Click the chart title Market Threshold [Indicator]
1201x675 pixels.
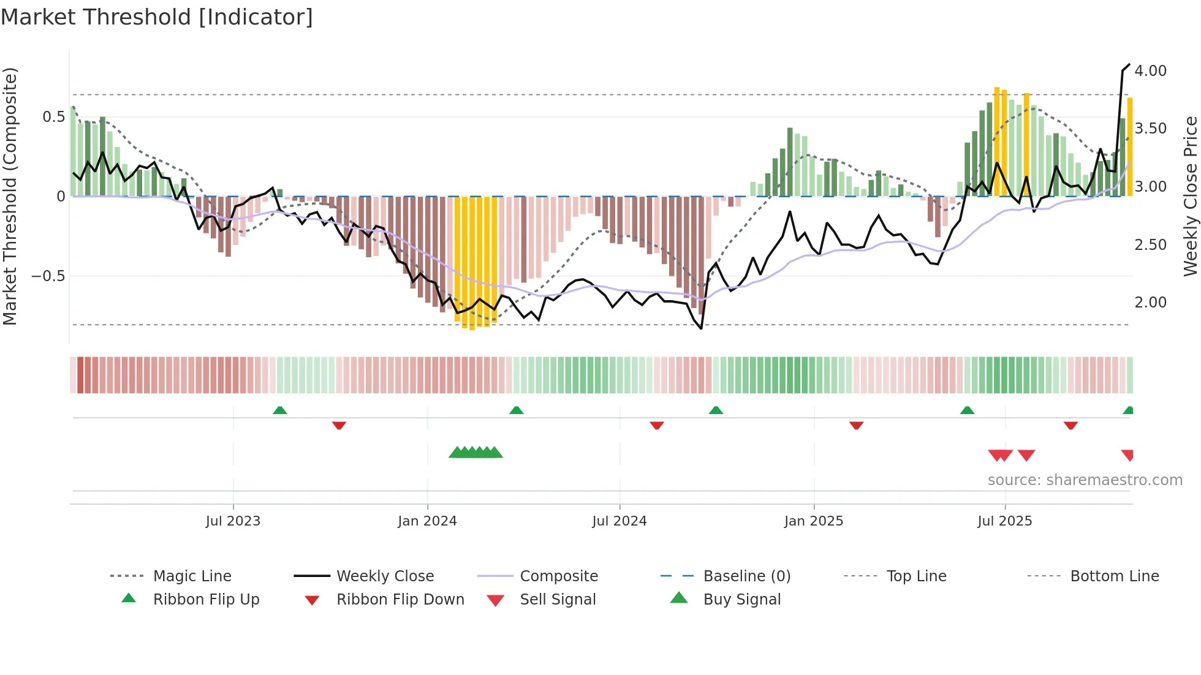157,17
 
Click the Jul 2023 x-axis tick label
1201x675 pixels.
233,521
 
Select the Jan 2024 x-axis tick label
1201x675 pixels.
427,521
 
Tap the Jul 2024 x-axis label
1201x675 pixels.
619,521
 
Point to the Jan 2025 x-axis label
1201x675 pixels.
814,521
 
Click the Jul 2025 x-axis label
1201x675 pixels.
1005,521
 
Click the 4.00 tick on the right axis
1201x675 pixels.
1150,71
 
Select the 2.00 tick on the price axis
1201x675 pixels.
1150,303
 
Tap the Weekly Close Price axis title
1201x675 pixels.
1190,196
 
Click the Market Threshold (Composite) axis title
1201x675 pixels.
10,196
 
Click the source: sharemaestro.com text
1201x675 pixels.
1085,480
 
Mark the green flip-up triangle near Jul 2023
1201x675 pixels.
279,410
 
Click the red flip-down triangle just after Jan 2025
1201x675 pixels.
856,425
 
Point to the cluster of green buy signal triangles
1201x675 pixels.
475,453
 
